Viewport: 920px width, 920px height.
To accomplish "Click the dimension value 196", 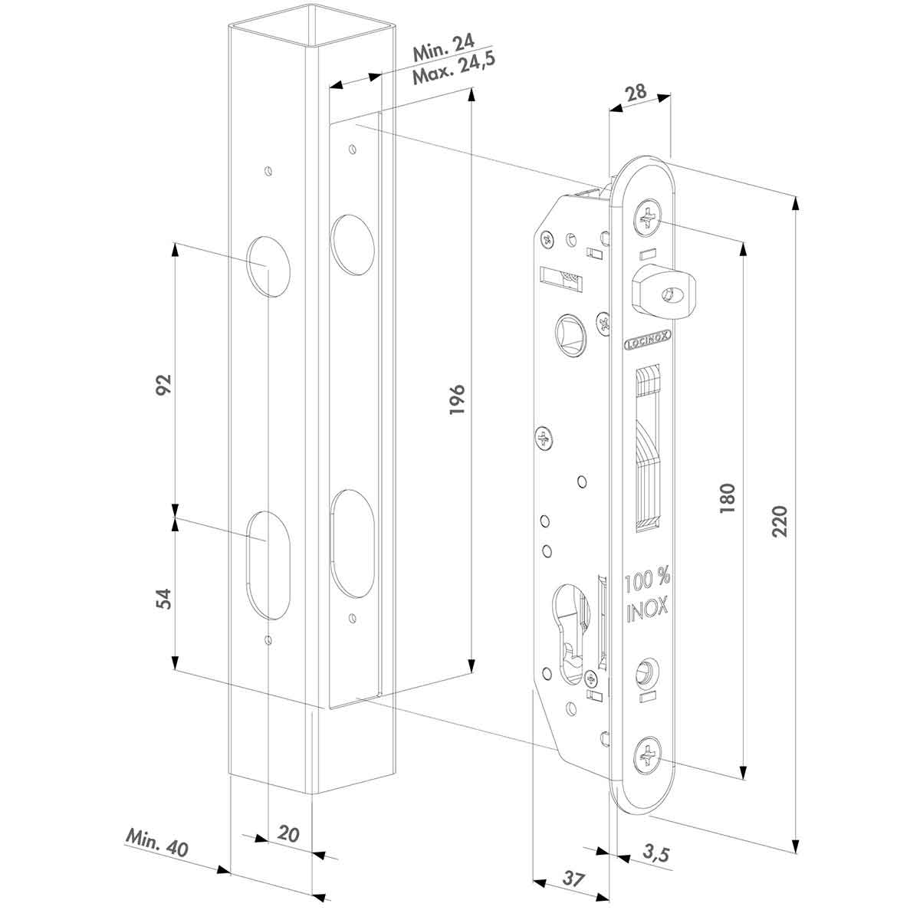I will tap(455, 400).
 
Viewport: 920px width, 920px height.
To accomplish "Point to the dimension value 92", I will tap(163, 385).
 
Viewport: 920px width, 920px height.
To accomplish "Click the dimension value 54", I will tap(163, 598).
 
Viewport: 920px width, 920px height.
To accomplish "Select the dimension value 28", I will tap(636, 92).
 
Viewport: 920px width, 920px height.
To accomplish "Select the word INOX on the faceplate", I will tap(647, 609).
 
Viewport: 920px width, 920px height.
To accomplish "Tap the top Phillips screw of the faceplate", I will tap(649, 219).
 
